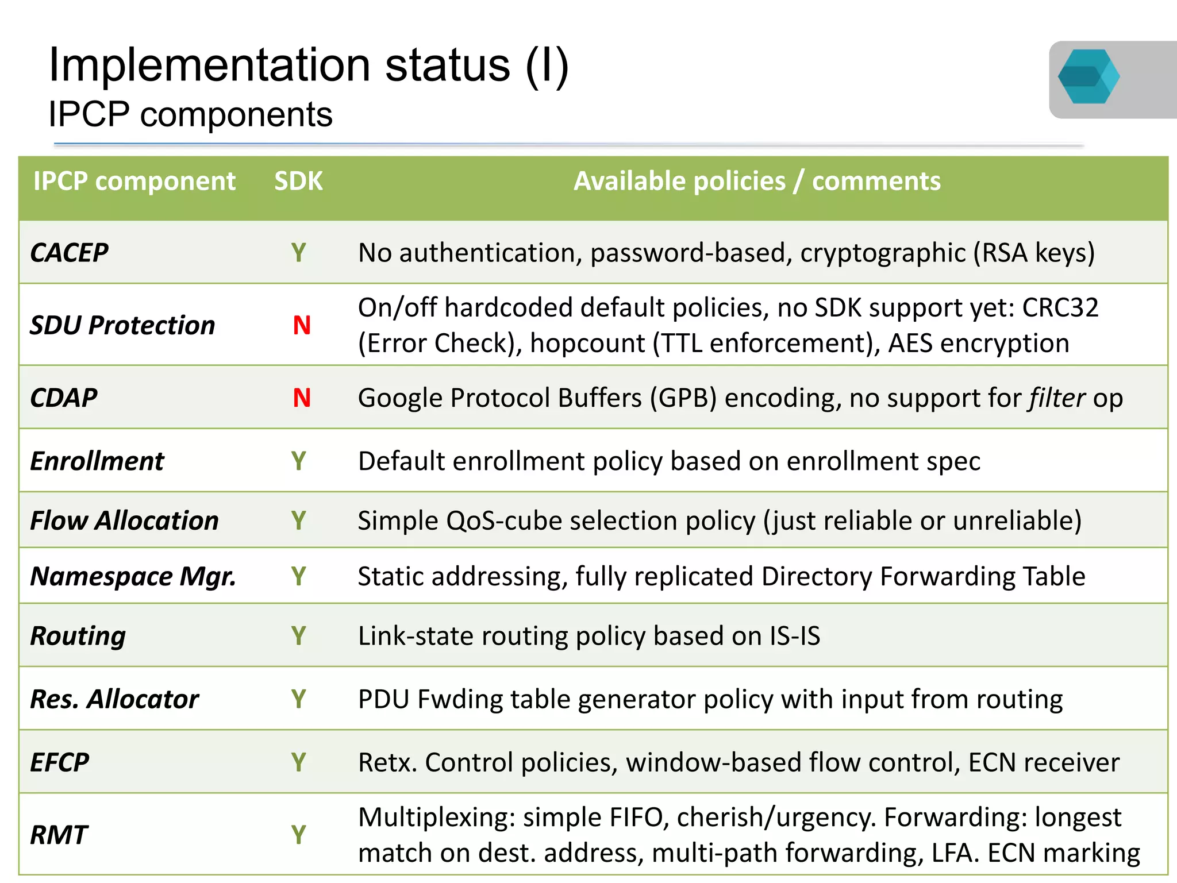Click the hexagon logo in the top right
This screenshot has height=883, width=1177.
(x=1088, y=76)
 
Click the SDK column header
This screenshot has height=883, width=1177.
(x=298, y=182)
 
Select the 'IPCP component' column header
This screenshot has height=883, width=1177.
(x=134, y=182)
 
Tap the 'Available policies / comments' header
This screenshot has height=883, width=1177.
(x=757, y=182)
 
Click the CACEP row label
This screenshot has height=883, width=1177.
(x=70, y=253)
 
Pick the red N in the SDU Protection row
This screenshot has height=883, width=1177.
(x=302, y=326)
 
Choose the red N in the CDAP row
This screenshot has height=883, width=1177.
(x=302, y=398)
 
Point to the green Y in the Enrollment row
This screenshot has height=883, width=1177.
(x=298, y=461)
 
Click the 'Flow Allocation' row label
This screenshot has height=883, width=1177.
(x=124, y=520)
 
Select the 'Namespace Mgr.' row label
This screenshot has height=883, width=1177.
(x=133, y=576)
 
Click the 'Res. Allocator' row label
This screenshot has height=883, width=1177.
(x=114, y=699)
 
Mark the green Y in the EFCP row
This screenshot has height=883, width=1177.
(x=298, y=762)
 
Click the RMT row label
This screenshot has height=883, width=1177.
(x=59, y=835)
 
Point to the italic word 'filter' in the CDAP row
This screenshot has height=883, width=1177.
(x=1057, y=398)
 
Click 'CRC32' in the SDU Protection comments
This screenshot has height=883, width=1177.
(x=1060, y=308)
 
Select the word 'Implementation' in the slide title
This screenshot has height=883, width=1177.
(x=209, y=65)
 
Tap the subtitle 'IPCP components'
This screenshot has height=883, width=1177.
(x=190, y=114)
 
